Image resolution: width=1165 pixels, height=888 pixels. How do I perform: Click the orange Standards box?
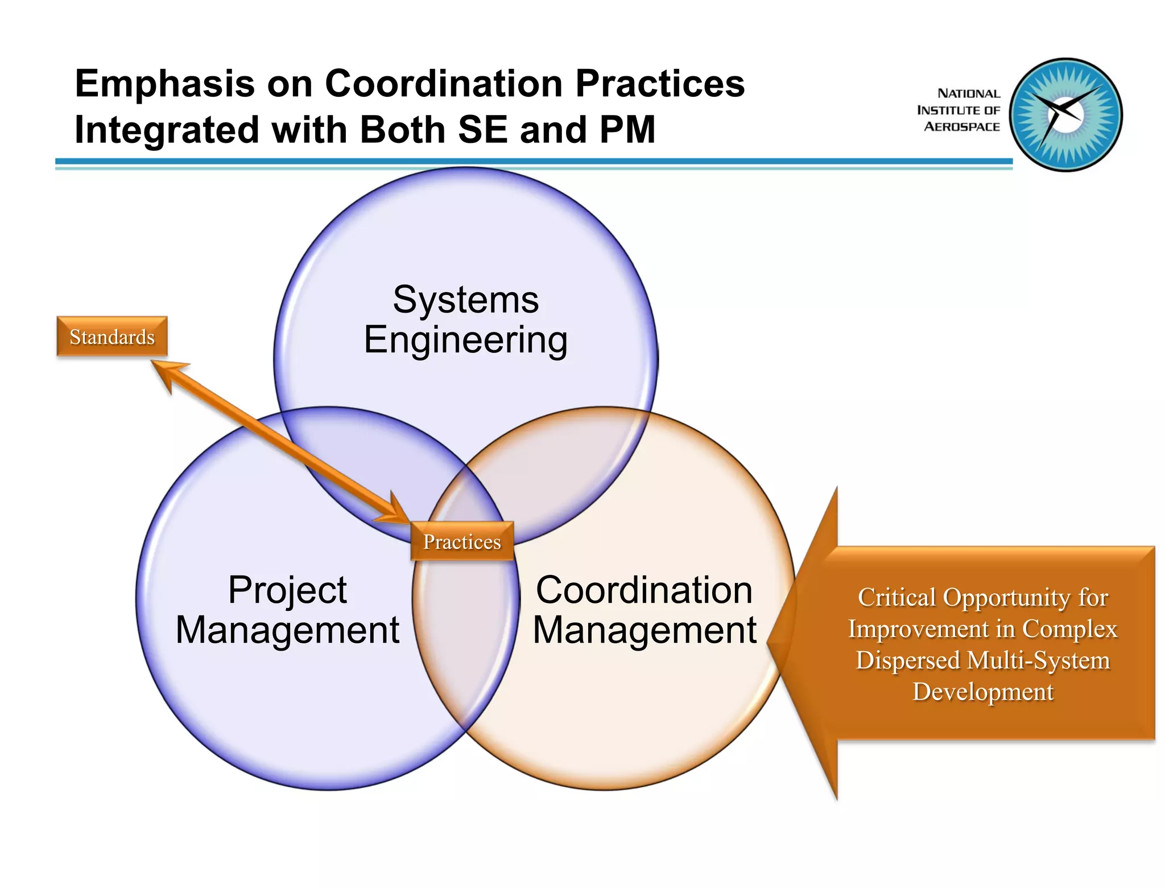point(112,336)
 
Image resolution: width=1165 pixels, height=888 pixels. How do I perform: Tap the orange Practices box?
point(462,541)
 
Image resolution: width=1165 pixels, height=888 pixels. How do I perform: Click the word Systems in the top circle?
point(465,299)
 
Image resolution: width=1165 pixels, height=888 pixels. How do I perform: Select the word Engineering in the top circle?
point(465,340)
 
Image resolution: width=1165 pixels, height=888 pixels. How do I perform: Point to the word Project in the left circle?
point(287,590)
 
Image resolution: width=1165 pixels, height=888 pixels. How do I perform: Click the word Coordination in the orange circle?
point(644,590)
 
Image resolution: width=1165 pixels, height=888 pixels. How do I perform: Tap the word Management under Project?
point(287,630)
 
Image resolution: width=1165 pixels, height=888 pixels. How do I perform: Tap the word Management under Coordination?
point(644,630)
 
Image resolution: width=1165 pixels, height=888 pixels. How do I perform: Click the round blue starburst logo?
point(1066,114)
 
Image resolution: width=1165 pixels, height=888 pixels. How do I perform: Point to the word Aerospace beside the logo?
point(961,127)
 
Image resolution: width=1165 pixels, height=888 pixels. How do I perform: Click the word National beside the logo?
point(968,93)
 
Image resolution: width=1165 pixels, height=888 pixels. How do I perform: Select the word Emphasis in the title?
point(165,84)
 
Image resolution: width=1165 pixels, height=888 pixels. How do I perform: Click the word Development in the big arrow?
point(983,692)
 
